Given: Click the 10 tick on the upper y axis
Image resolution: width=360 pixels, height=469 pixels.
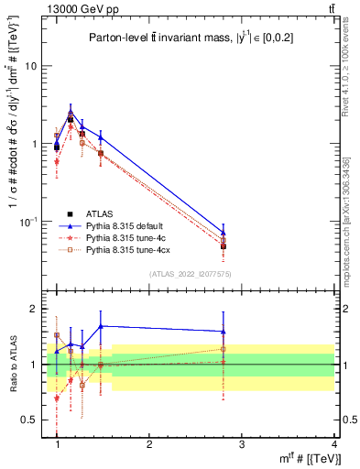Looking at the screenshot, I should [x=33, y=67].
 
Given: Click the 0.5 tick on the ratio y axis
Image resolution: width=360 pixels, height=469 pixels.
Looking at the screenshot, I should [x=32, y=420].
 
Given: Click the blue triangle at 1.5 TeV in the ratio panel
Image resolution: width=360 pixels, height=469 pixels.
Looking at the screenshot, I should [x=101, y=326].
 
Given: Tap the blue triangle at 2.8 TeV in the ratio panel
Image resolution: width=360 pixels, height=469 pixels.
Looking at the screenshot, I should [x=224, y=332].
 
